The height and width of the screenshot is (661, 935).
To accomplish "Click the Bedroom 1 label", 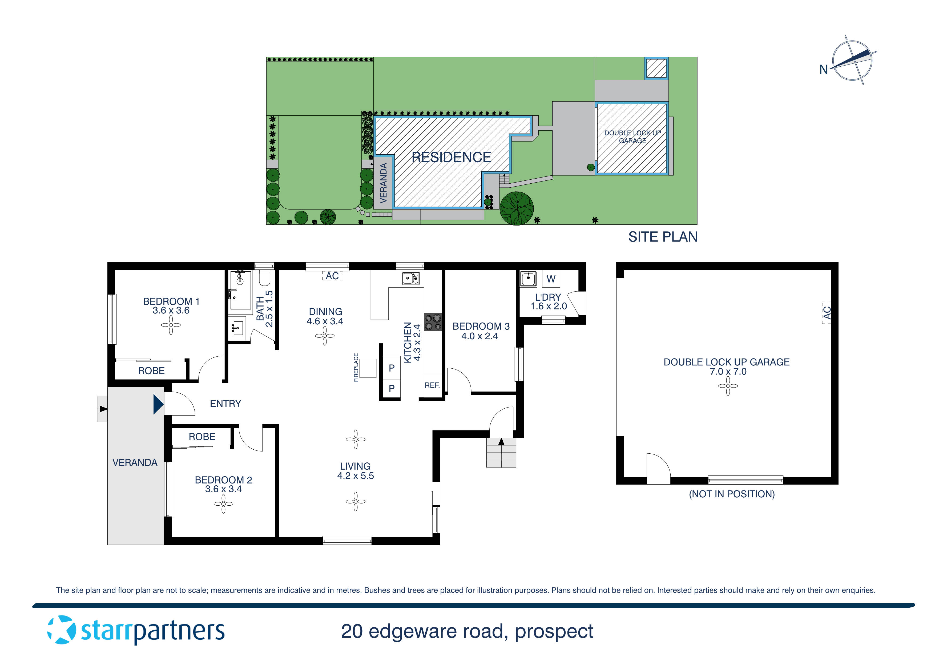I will [x=171, y=301].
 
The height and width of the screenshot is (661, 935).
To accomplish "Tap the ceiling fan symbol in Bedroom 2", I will [x=223, y=504].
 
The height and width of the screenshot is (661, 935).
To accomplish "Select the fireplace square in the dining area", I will [x=368, y=368].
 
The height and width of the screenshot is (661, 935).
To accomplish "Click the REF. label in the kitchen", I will [x=432, y=385].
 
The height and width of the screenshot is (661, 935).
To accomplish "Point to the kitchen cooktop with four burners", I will [x=433, y=322].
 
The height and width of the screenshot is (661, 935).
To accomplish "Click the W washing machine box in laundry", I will [x=551, y=279].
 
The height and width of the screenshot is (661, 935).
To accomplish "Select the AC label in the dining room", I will [x=332, y=276].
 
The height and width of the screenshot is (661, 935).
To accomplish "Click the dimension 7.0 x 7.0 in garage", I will [x=728, y=372].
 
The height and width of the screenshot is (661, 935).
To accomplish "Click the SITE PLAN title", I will [x=663, y=237].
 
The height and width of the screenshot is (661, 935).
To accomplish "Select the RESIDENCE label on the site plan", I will [x=451, y=157].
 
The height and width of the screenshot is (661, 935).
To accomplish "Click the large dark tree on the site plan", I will [x=516, y=208].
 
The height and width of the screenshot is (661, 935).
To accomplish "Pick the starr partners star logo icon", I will [x=62, y=630].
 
